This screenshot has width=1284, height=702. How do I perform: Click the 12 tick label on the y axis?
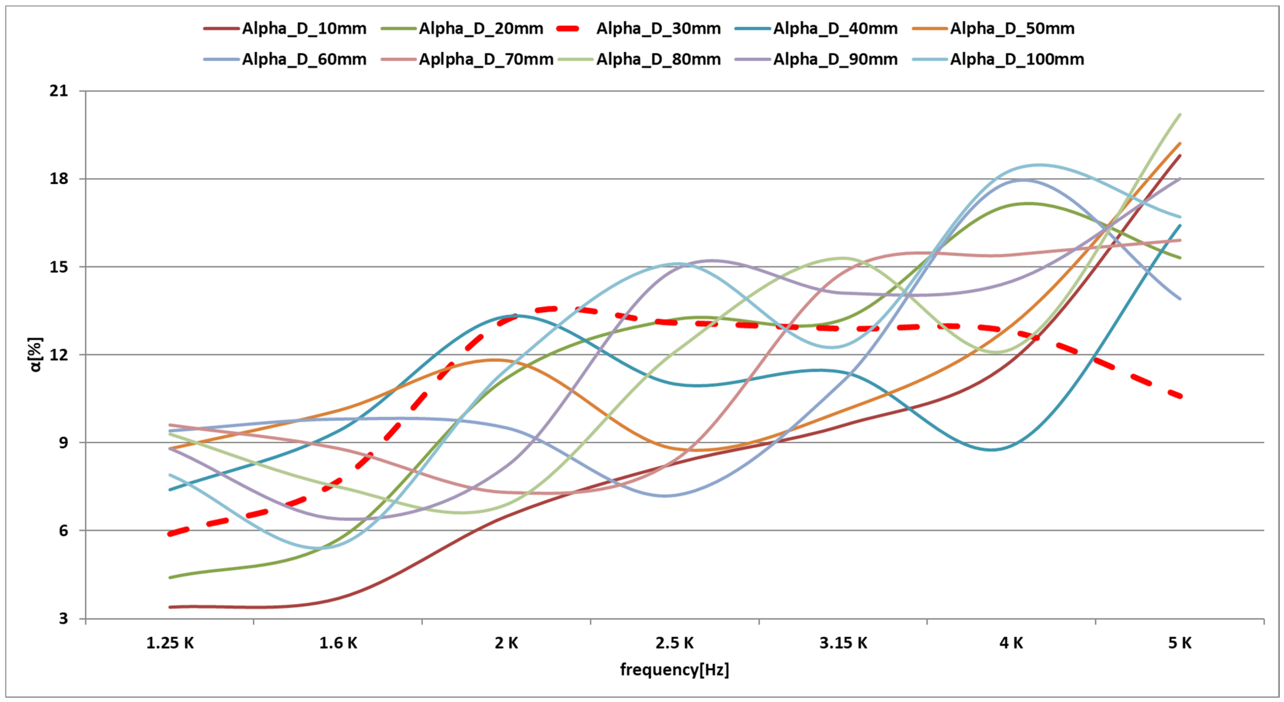point(58,355)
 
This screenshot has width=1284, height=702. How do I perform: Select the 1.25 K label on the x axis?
point(169,643)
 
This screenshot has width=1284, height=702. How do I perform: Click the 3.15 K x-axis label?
point(843,643)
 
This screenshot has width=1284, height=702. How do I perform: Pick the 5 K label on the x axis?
point(1179,643)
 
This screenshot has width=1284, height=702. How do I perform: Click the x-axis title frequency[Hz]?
point(674,670)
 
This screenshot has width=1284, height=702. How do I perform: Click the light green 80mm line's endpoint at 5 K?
point(1180,115)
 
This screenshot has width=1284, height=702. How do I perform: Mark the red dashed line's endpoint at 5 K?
point(1180,396)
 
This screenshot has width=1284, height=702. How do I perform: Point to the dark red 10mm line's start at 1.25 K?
point(170,607)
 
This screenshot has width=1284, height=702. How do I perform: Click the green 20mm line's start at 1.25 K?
point(170,577)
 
